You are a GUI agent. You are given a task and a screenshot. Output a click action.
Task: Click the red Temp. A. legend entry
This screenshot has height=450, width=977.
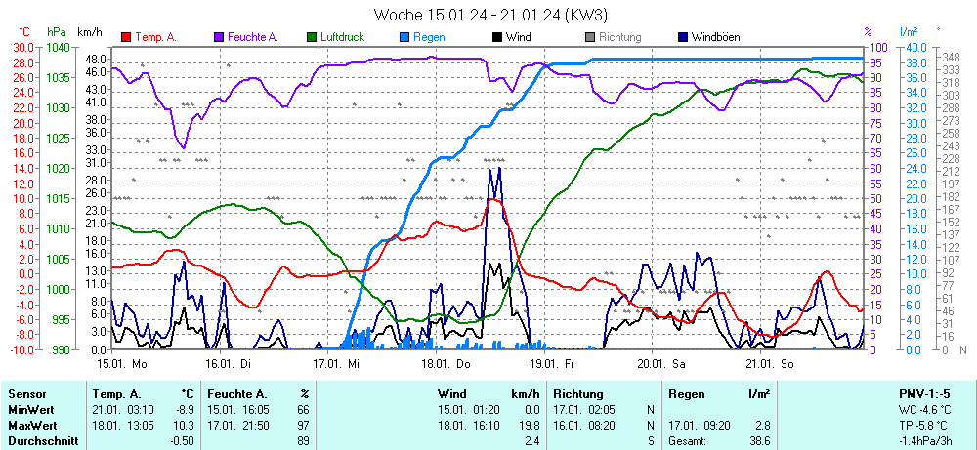point(154,37)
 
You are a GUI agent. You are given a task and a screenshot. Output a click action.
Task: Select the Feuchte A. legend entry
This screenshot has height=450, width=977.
point(252,37)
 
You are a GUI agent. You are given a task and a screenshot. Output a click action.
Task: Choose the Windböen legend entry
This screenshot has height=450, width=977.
point(715,37)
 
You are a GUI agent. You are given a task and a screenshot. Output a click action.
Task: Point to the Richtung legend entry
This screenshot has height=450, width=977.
point(619,37)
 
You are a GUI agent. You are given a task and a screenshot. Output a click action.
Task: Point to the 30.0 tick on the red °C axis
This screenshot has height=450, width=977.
point(21,47)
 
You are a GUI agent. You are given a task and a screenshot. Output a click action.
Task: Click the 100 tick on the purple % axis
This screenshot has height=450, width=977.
point(877,47)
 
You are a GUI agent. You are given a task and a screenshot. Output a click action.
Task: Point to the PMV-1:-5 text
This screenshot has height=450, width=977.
point(929,393)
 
